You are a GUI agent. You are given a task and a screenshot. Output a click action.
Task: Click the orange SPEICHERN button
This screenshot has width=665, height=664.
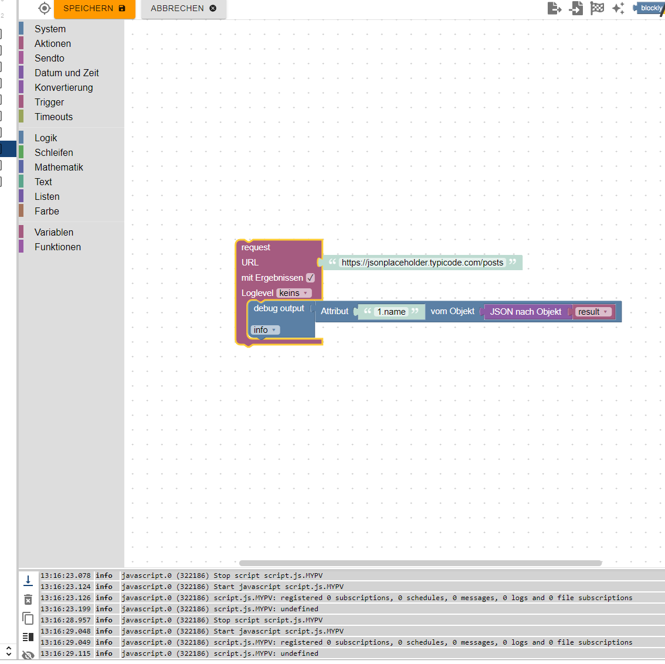94,9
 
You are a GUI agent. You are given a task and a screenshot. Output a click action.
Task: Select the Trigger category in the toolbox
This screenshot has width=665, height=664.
49,102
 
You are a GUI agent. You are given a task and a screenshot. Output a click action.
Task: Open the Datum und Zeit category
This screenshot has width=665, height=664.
66,73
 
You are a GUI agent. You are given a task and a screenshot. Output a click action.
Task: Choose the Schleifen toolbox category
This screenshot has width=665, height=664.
53,152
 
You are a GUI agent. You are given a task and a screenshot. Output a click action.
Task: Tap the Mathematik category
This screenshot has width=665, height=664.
59,167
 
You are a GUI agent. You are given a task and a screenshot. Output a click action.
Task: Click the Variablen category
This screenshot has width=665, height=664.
53,232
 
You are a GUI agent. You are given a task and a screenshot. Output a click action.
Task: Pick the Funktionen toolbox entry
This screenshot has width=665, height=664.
57,247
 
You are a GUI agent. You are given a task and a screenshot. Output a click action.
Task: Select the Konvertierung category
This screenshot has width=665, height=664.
63,87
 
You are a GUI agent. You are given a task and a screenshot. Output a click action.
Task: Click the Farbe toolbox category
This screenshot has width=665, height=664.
46,211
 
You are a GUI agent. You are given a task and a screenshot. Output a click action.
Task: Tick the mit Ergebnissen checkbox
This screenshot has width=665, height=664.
310,278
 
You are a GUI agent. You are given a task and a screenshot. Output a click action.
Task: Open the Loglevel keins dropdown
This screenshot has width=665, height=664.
294,293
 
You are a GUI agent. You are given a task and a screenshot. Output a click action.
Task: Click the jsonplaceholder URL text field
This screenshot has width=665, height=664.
422,263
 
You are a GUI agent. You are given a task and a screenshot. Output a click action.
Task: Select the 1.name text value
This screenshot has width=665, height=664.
391,312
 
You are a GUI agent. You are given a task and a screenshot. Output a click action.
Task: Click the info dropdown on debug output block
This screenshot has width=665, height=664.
265,330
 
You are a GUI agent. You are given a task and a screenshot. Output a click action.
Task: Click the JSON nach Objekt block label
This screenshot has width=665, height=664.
525,312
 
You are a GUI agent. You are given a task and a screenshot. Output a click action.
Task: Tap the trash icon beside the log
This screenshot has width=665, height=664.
28,600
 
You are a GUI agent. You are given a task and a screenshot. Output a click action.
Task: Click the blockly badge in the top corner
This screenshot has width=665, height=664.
650,8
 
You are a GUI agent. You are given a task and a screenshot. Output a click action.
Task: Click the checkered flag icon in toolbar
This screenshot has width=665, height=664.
597,8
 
